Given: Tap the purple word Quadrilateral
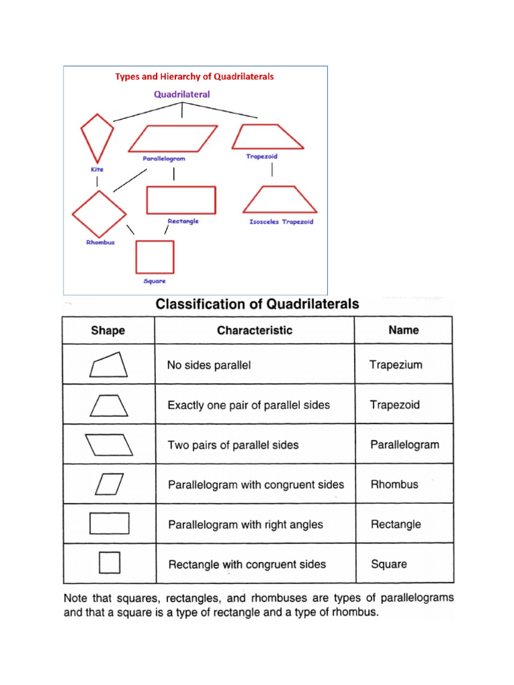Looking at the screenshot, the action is click(x=181, y=94).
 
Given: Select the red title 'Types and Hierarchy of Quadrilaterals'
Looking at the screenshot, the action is click(x=194, y=76).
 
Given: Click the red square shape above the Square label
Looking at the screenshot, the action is click(x=155, y=257).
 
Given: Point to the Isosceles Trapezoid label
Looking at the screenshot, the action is click(x=281, y=221).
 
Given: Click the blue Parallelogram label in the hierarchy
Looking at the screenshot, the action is click(x=163, y=159).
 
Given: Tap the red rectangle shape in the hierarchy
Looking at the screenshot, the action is click(x=181, y=200).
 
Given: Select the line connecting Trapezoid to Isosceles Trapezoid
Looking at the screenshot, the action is click(x=272, y=170).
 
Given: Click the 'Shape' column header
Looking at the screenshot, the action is click(x=108, y=330).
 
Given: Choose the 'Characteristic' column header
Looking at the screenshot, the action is click(x=254, y=330).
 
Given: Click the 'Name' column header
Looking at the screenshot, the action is click(x=404, y=330).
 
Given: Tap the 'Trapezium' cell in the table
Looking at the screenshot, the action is click(x=396, y=365).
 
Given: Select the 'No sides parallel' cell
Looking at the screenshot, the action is click(x=209, y=365).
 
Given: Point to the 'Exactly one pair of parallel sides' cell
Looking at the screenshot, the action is click(x=248, y=405).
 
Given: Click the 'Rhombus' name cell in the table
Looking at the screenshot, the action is click(x=394, y=484).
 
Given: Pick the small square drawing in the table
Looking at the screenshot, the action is click(x=109, y=563).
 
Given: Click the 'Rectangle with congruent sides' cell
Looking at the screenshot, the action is click(x=247, y=564).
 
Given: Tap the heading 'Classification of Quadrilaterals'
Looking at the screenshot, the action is click(x=257, y=304).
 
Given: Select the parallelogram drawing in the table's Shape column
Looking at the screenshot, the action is click(x=109, y=444).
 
